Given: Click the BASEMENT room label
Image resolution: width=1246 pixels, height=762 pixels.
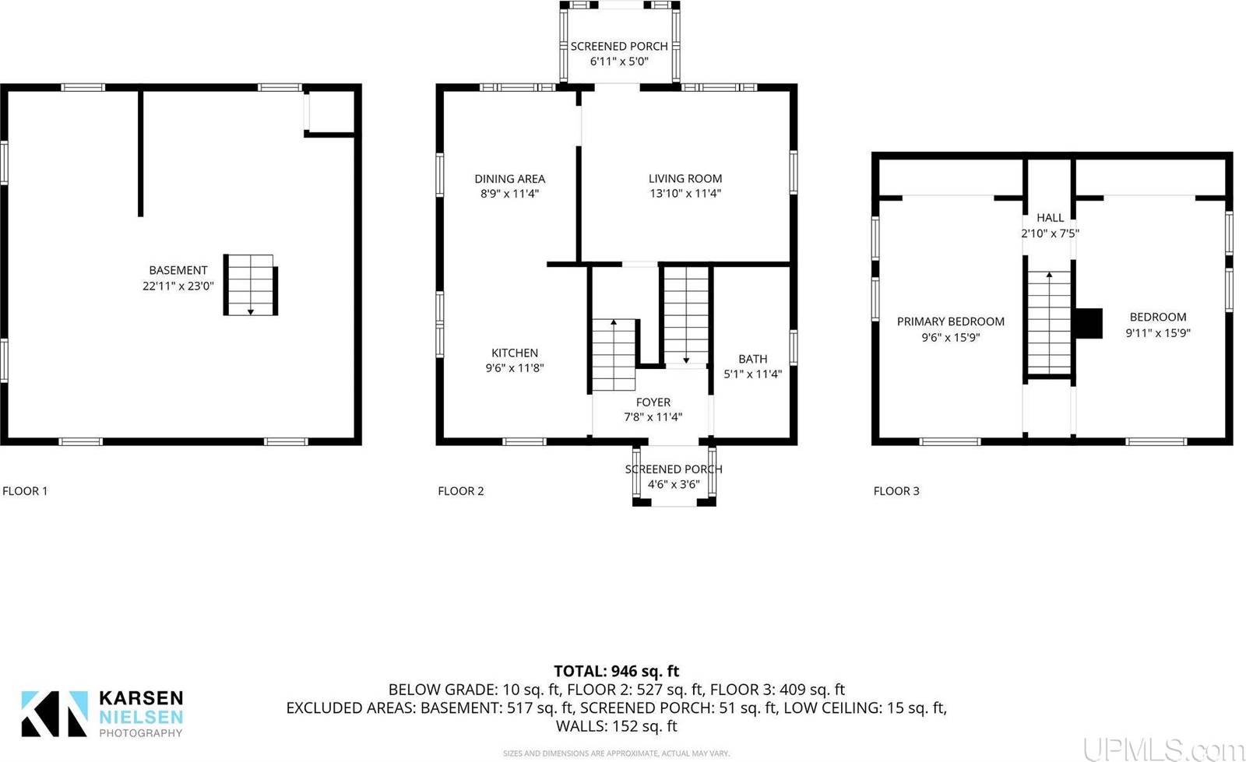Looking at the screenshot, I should (178, 270).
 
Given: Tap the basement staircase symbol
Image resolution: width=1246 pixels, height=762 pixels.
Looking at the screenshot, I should (251, 284).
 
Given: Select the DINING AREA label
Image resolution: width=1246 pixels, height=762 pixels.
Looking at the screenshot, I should (509, 178).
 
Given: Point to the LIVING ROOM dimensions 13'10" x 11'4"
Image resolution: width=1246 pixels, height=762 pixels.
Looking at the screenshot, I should (685, 194).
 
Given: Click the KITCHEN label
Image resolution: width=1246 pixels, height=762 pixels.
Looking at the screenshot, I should (514, 353).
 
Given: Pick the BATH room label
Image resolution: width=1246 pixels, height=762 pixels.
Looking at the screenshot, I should (752, 359).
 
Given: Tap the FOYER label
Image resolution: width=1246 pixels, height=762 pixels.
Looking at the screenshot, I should (653, 402).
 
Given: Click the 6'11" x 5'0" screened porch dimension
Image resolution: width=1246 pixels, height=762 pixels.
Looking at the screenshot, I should (619, 61).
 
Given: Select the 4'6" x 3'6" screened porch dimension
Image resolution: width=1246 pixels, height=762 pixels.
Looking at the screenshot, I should (674, 484).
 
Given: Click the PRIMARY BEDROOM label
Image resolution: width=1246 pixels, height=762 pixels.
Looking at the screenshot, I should (950, 321).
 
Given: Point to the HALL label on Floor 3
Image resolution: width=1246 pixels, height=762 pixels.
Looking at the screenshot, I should (1050, 218).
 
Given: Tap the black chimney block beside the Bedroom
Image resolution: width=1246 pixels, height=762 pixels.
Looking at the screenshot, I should (1088, 323).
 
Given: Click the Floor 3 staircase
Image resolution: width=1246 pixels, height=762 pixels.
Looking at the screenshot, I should (1049, 323).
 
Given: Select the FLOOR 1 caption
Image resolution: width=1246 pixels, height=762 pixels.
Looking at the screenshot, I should (25, 491).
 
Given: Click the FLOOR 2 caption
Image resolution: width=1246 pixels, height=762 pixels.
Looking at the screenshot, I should (461, 491).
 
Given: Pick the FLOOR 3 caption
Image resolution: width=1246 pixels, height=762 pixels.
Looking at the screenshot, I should (896, 491).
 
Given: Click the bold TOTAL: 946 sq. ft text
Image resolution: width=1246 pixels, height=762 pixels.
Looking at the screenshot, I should (616, 671).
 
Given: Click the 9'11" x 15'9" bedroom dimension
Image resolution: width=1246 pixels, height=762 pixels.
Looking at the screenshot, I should (1158, 333).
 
